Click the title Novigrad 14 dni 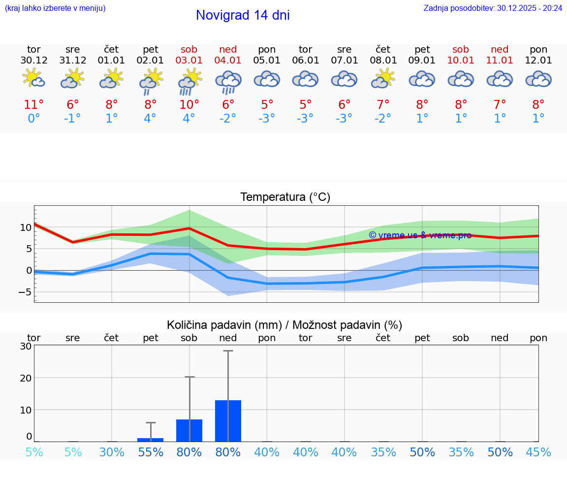(x=243, y=15)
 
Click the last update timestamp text (x=493, y=8)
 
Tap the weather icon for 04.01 (x=228, y=81)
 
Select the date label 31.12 (x=73, y=61)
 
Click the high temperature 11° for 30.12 (x=33, y=105)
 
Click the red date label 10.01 (x=461, y=61)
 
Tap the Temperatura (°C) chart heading (x=285, y=197)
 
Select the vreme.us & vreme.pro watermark (x=420, y=235)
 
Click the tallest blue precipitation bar (x=228, y=421)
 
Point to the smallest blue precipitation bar (x=150, y=440)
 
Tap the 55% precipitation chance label (x=150, y=452)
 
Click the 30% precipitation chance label (x=112, y=452)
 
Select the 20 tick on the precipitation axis (x=26, y=378)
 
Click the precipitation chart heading (x=284, y=325)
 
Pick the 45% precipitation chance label (x=538, y=452)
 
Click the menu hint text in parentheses (x=55, y=8)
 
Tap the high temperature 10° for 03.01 (x=189, y=105)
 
